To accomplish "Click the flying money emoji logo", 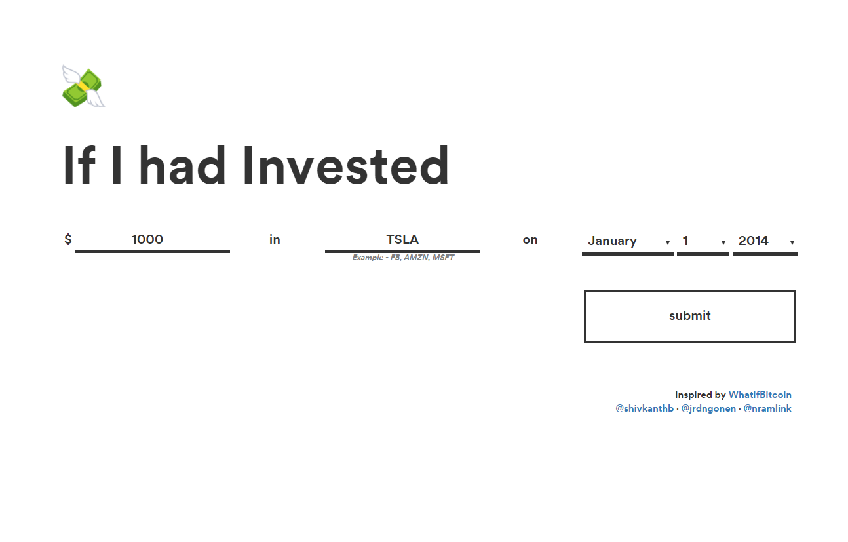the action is pyautogui.click(x=83, y=87).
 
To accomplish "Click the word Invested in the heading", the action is pyautogui.click(x=345, y=165).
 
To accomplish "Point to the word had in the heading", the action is pyautogui.click(x=182, y=165).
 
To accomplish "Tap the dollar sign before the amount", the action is pyautogui.click(x=67, y=239).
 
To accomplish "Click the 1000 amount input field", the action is pyautogui.click(x=152, y=240).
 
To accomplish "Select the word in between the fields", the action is pyautogui.click(x=275, y=239).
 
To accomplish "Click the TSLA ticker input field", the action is pyautogui.click(x=402, y=240).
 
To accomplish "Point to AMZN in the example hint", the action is pyautogui.click(x=415, y=258).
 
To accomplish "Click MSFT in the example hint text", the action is pyautogui.click(x=443, y=258).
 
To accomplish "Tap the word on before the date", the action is pyautogui.click(x=530, y=240).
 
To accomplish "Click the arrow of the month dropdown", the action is pyautogui.click(x=668, y=242).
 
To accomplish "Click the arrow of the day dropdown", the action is pyautogui.click(x=723, y=242).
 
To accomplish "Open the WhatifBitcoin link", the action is pyautogui.click(x=760, y=395).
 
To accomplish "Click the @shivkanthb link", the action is pyautogui.click(x=644, y=408).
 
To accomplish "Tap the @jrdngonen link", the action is pyautogui.click(x=708, y=408).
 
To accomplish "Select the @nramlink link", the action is pyautogui.click(x=767, y=408).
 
